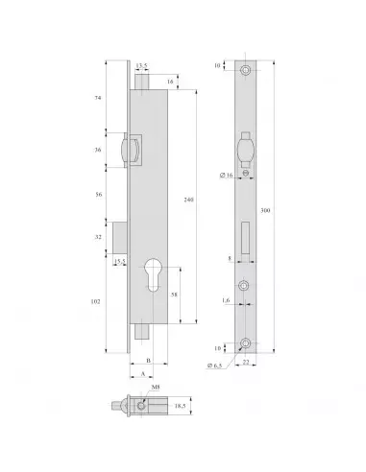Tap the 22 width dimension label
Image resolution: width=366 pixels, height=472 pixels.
(x=248, y=363)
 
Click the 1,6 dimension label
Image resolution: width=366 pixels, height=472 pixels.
(x=224, y=301)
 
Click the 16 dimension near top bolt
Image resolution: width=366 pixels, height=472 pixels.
(x=169, y=83)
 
